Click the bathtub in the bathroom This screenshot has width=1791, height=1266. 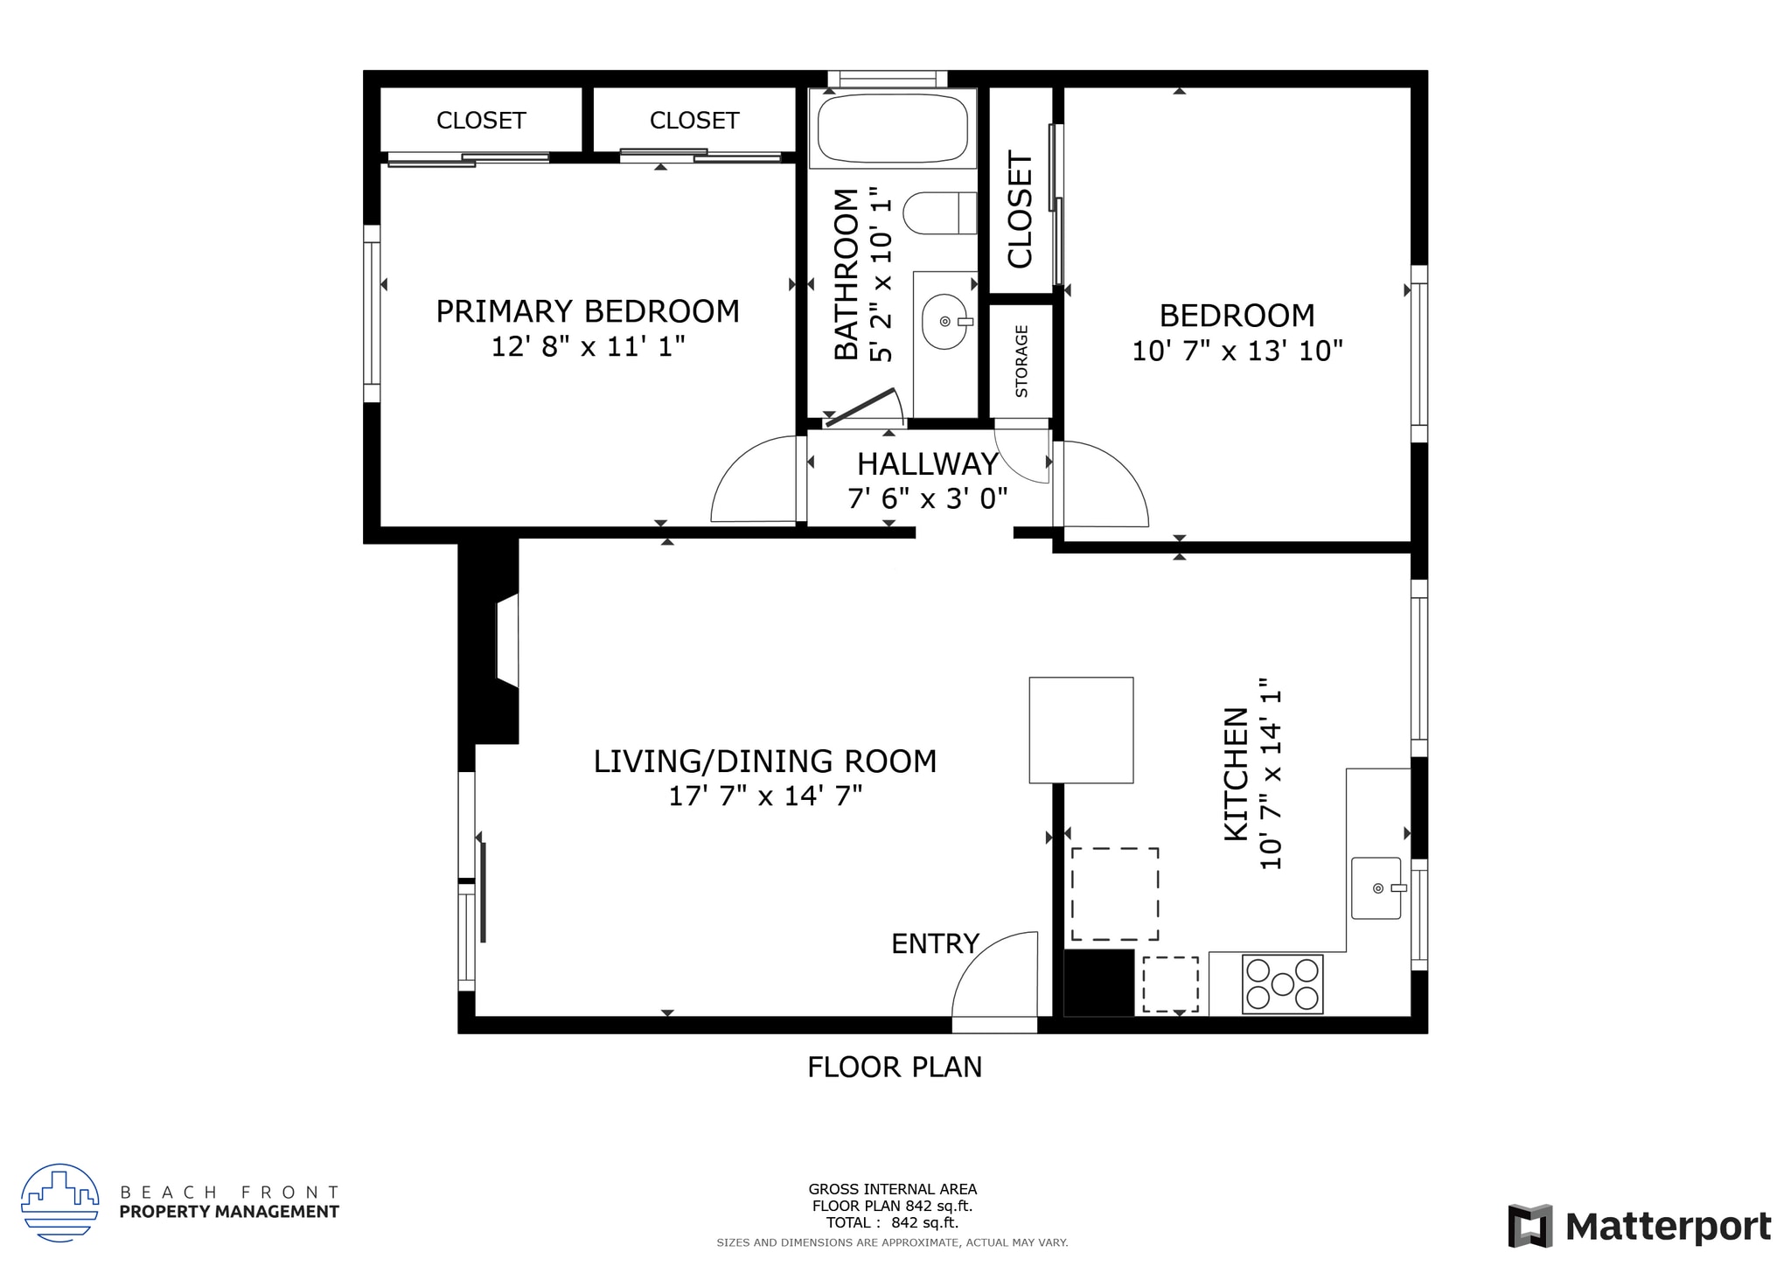[x=893, y=129]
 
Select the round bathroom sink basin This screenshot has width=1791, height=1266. [x=945, y=322]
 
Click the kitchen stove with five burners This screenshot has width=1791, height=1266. [x=1282, y=984]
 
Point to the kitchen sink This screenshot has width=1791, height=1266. [x=1376, y=888]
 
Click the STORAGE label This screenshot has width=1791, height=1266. [x=1021, y=361]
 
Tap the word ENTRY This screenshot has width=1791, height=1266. [x=935, y=944]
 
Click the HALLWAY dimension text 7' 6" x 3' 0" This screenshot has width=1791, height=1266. [x=928, y=499]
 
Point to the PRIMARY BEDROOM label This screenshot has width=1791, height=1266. [x=588, y=311]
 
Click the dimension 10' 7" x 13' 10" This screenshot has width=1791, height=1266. [x=1237, y=351]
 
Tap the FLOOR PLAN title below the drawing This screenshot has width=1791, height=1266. [x=895, y=1068]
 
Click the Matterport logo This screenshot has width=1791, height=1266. [x=1639, y=1227]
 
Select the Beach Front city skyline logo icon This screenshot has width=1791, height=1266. [x=59, y=1203]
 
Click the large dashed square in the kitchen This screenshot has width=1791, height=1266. [x=1115, y=894]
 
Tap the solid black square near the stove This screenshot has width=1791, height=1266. [x=1098, y=983]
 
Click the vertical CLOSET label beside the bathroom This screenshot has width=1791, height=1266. [x=1021, y=210]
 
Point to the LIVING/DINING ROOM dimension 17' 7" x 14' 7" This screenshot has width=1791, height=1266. [x=765, y=796]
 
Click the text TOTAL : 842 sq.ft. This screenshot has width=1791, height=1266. [x=892, y=1223]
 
